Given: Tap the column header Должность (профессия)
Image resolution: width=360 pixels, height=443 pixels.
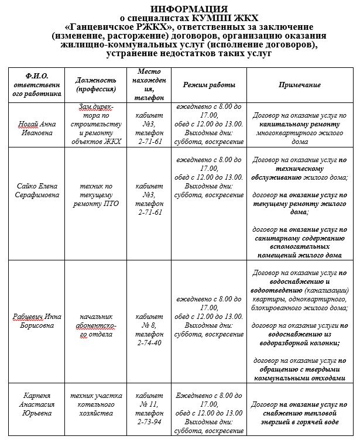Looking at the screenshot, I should [96, 84].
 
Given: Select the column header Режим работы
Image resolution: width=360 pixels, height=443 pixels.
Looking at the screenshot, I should [209, 85].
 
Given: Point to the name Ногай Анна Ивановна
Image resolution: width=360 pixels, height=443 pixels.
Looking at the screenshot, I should [37, 128].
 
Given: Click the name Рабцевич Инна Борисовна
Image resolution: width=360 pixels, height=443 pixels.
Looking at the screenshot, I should [37, 322].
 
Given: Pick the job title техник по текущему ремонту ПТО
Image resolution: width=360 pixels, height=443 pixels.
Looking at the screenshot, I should [96, 195].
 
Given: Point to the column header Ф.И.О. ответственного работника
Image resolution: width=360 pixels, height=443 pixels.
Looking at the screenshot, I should [37, 85].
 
